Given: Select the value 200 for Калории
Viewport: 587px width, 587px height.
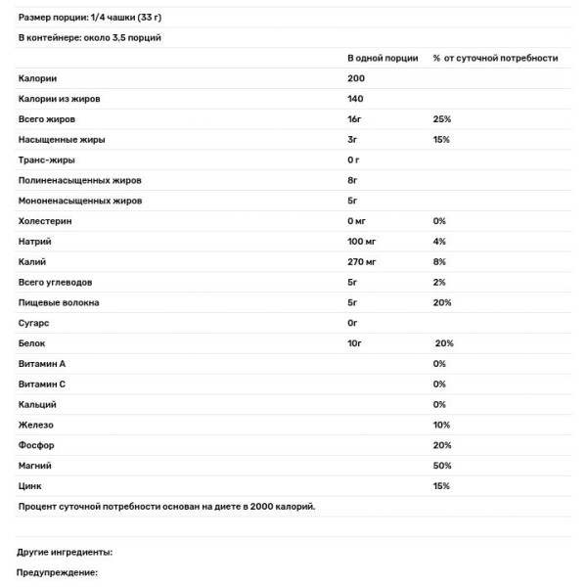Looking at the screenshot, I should click(355, 78).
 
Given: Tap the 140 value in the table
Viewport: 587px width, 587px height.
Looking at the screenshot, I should click(355, 98).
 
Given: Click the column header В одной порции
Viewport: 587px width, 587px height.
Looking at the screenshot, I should click(381, 58).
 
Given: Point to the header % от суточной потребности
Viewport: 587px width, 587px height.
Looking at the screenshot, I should click(496, 58).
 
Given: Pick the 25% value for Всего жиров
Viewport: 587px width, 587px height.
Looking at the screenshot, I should click(442, 118).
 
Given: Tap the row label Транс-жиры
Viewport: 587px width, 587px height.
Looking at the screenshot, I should click(47, 159).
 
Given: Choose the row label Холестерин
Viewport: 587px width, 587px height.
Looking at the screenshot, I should click(45, 221).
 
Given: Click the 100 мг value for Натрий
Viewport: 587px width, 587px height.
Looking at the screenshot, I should click(362, 242).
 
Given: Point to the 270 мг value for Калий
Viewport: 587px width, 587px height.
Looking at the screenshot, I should click(362, 262).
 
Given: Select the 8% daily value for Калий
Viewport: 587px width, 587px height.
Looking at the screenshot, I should click(439, 262).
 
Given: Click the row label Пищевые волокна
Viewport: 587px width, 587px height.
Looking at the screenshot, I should click(59, 302).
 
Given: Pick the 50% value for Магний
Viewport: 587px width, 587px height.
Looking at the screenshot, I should click(442, 466).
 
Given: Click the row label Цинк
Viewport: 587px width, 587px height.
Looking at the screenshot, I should click(31, 486).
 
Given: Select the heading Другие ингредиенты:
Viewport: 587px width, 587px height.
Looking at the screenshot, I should click(66, 552).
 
